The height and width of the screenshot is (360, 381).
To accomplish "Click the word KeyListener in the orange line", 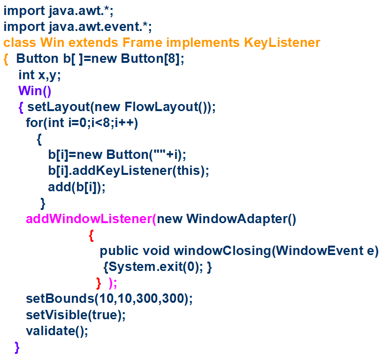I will point(282,43).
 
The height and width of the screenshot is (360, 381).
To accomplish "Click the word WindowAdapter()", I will point(241,219).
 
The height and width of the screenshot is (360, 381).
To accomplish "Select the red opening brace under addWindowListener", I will point(91,235).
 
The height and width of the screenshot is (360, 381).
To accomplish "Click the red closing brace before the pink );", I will point(99,283).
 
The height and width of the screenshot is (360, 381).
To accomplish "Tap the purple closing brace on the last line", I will point(17,347).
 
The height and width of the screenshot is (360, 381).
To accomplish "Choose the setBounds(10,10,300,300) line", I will point(109,299).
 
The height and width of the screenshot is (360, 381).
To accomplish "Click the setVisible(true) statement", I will point(76,315).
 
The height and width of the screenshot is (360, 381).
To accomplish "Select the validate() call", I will point(57,331).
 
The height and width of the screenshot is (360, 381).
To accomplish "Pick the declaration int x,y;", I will point(39,75).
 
